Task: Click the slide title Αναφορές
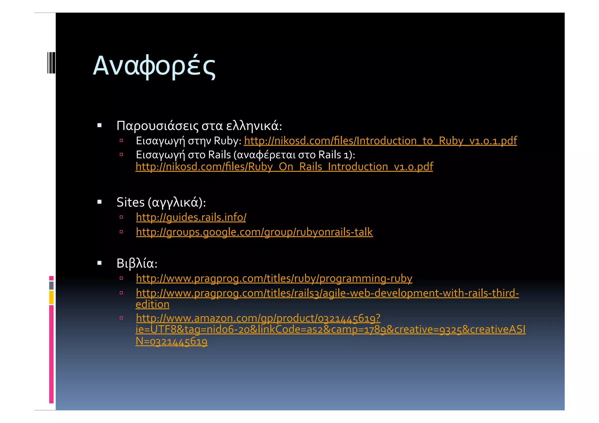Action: click(x=154, y=66)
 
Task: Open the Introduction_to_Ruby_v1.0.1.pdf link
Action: click(x=380, y=141)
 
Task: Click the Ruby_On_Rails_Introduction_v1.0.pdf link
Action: click(x=284, y=167)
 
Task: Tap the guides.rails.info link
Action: click(x=191, y=217)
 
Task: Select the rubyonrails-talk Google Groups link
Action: click(x=254, y=232)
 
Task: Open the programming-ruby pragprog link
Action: click(x=274, y=279)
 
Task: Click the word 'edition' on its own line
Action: click(x=152, y=305)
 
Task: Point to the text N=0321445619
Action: click(x=171, y=341)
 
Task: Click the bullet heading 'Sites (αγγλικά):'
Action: click(x=161, y=202)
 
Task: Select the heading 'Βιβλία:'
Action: click(x=137, y=263)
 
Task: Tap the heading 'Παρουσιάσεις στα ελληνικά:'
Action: click(x=199, y=126)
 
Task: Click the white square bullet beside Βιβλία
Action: click(x=99, y=263)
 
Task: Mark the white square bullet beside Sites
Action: click(x=99, y=202)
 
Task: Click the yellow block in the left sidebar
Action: click(x=51, y=297)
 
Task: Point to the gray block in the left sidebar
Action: click(x=51, y=286)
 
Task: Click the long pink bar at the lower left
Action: click(x=51, y=354)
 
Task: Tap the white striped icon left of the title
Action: click(x=51, y=63)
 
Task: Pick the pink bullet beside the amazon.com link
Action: click(x=121, y=318)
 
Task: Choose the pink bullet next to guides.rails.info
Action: click(x=121, y=217)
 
